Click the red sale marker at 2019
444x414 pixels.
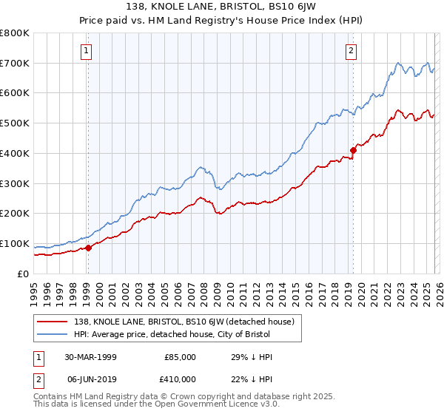tap(353, 150)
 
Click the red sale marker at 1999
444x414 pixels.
tap(89, 248)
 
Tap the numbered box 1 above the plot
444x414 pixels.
tap(87, 51)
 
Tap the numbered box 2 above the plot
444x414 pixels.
tap(350, 51)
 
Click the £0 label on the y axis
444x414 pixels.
tap(24, 274)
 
